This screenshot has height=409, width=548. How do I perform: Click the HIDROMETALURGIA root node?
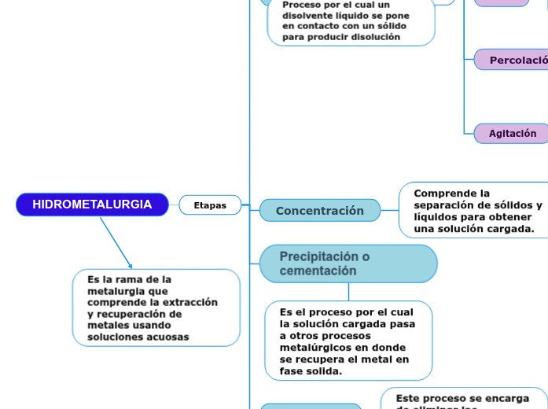coord(92,204)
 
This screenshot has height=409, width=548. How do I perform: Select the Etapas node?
coord(210,205)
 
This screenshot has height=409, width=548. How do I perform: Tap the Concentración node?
coord(319,211)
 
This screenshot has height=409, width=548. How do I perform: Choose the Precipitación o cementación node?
coord(348,263)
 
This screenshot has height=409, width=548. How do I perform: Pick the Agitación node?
coord(512,134)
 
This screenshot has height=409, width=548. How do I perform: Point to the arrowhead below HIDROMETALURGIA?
coord(131,267)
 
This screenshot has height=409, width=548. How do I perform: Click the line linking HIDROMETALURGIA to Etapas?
coord(174,205)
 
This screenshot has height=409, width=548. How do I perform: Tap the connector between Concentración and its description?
coord(389,210)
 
